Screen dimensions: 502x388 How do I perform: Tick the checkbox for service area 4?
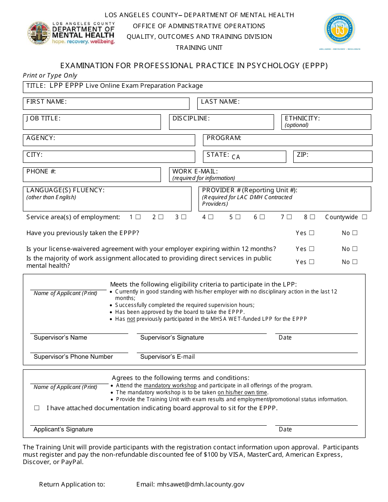pos(211,217)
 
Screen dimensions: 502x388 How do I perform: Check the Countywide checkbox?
pos(364,217)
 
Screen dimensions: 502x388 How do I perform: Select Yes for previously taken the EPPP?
pos(312,233)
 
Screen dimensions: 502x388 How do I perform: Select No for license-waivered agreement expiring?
pos(355,249)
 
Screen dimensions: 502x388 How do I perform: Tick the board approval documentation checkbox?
pos(37,408)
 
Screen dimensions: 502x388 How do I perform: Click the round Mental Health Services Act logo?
pos(339,29)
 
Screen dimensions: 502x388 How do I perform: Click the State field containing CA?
pos(257,157)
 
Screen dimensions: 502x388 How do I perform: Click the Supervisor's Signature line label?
pos(172,338)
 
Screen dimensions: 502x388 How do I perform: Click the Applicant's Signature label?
pos(63,429)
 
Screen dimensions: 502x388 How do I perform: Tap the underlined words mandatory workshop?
pos(170,385)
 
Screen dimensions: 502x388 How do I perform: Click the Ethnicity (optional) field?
pos(327,122)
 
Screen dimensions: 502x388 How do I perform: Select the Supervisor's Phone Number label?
pos(73,357)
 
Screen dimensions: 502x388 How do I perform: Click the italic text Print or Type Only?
pos(50,76)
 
